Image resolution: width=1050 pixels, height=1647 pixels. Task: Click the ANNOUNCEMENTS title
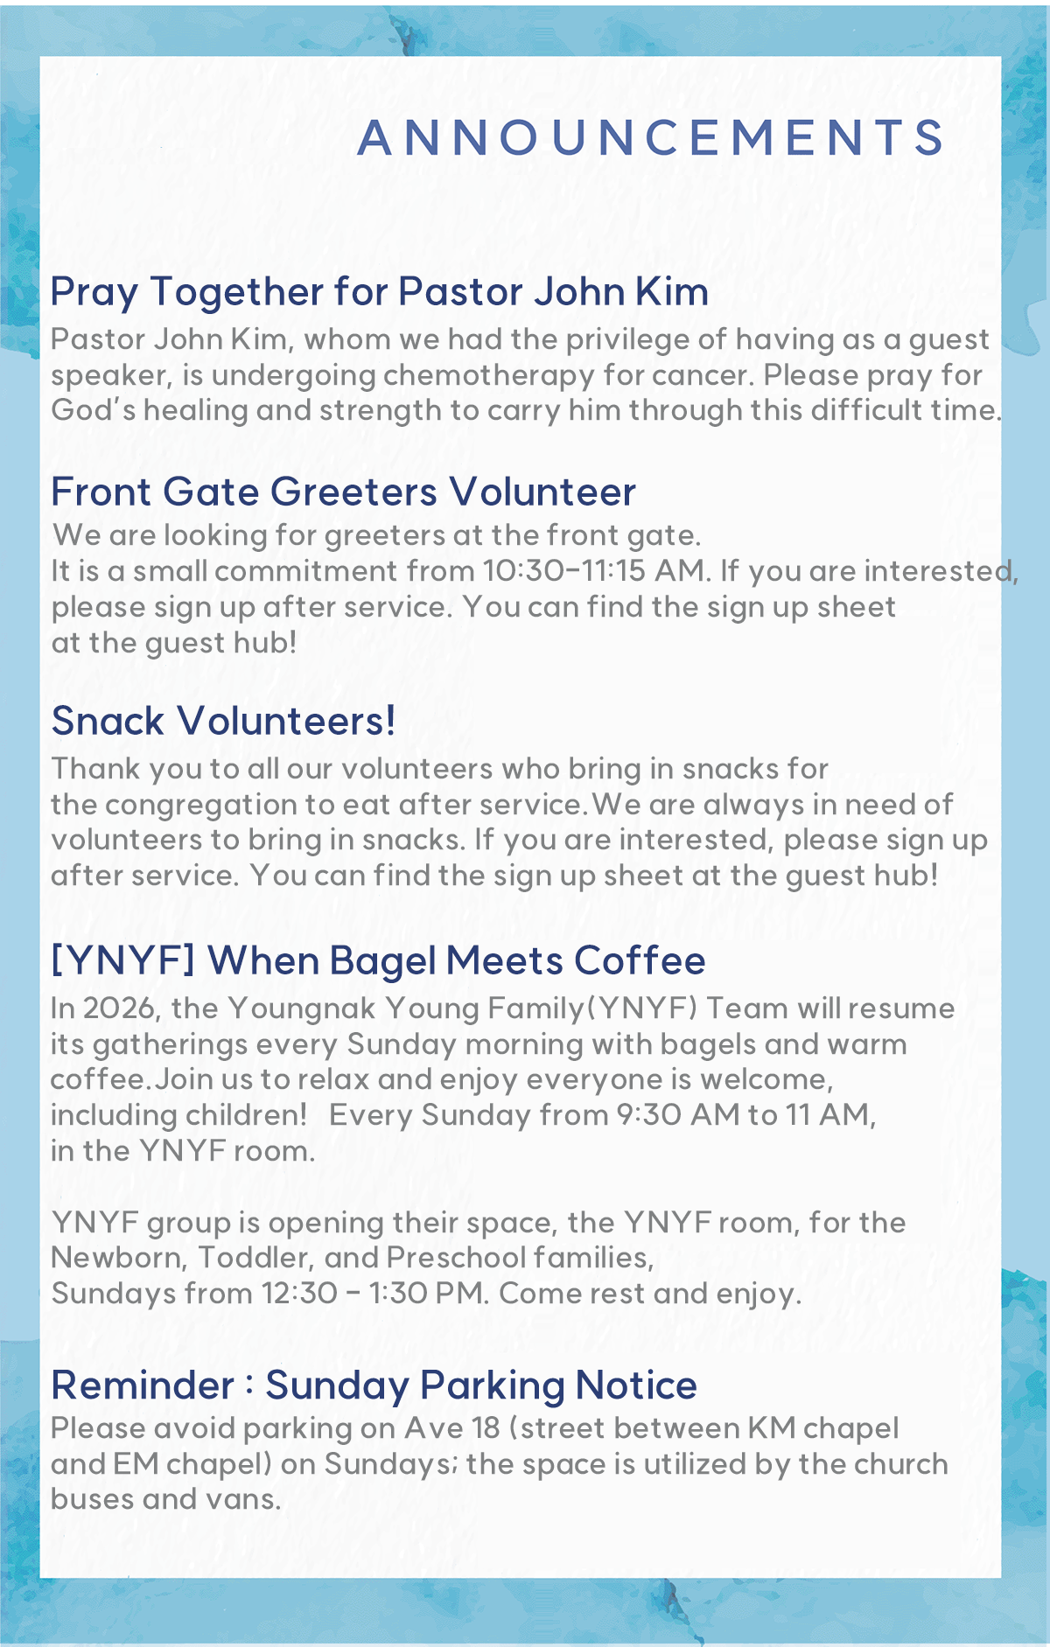point(651,138)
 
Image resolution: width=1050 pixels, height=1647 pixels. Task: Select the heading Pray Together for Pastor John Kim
point(379,292)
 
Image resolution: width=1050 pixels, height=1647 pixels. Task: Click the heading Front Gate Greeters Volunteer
point(343,492)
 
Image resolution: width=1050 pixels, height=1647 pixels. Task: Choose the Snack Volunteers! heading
point(223,722)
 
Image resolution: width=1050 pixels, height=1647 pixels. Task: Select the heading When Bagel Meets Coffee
point(456,961)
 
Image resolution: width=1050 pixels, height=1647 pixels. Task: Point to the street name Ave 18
point(451,1429)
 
